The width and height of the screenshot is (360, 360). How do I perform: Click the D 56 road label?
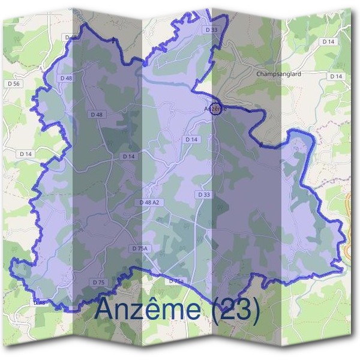point(15,83)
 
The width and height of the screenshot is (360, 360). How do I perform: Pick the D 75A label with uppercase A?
point(140,248)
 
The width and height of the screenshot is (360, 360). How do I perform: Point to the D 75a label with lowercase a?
point(176,281)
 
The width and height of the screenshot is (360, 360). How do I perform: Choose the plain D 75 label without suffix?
point(99,282)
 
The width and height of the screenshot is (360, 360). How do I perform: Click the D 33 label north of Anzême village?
point(211,29)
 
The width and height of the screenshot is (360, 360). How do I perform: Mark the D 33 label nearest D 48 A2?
point(203,194)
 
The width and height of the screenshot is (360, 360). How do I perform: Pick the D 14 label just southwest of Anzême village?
point(191,139)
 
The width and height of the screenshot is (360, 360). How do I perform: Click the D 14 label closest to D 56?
point(26,154)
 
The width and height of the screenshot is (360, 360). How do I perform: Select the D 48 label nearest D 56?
point(66,78)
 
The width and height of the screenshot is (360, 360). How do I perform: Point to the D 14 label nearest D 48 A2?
point(129,157)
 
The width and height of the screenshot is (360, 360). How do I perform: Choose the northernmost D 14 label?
point(328,41)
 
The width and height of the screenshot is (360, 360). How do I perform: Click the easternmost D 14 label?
point(336,76)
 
